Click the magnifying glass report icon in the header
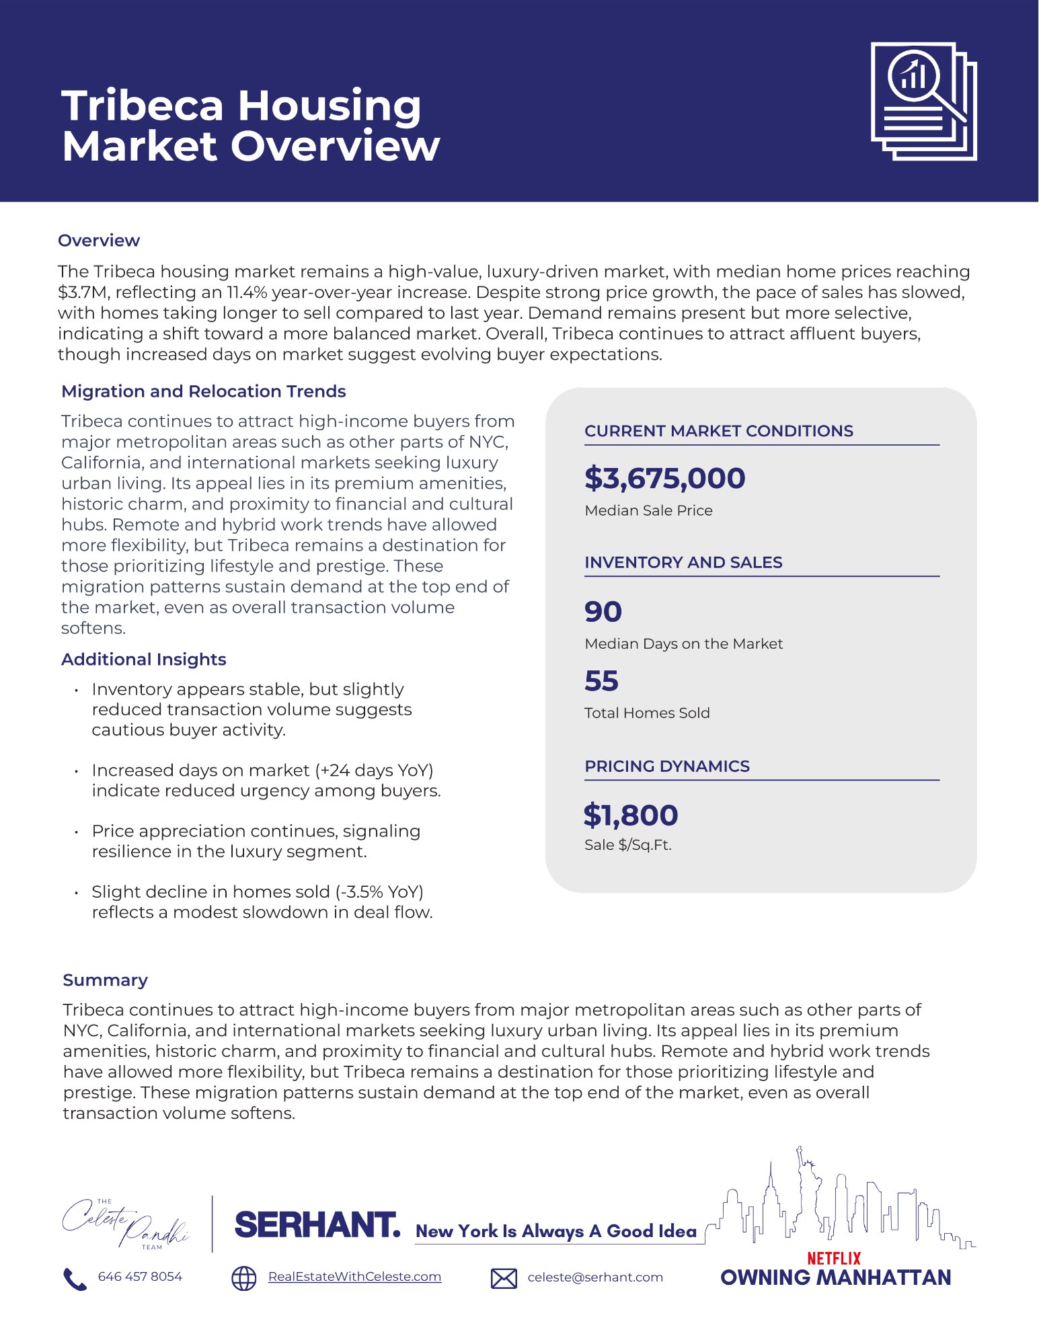click(923, 101)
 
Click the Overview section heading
click(99, 241)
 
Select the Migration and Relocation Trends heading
click(203, 391)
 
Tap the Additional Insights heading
click(143, 659)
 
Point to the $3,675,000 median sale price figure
click(664, 478)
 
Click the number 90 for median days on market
click(603, 611)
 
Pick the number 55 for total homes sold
click(601, 680)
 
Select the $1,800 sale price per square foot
click(631, 815)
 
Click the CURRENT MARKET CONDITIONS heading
click(718, 431)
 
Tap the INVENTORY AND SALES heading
click(683, 562)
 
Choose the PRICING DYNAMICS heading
click(666, 766)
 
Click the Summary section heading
click(105, 980)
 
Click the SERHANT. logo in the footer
click(317, 1225)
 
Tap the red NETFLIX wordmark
click(834, 1258)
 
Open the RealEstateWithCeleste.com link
click(354, 1277)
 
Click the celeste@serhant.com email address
click(595, 1277)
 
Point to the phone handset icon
click(75, 1278)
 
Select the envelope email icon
click(504, 1278)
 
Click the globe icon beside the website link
click(244, 1278)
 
